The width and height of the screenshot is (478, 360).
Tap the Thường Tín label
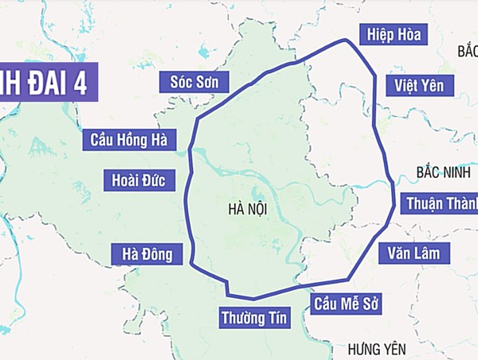(253, 318)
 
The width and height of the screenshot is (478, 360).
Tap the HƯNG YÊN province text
(377, 349)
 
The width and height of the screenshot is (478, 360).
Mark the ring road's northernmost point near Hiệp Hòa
(344, 40)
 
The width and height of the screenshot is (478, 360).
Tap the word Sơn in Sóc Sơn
(212, 80)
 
